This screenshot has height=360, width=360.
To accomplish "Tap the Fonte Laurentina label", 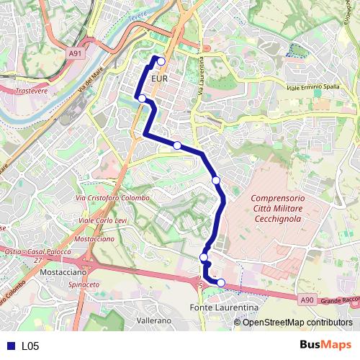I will pyautogui.click(x=223, y=307).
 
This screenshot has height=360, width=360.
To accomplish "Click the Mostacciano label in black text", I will pyautogui.click(x=63, y=274).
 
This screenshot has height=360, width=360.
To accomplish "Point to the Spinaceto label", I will pyautogui.click(x=84, y=285).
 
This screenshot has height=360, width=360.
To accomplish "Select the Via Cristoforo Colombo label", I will pyautogui.click(x=113, y=198).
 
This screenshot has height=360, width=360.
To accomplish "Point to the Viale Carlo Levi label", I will pyautogui.click(x=104, y=220).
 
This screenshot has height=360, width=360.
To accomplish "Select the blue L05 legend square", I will pyautogui.click(x=9, y=346).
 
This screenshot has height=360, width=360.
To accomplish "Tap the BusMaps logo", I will pyautogui.click(x=326, y=345).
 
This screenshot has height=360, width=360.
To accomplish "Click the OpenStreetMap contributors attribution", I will pyautogui.click(x=298, y=322).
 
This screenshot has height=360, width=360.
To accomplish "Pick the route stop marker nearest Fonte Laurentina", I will pyautogui.click(x=221, y=283).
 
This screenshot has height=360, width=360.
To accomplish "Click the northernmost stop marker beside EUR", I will pyautogui.click(x=161, y=62).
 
